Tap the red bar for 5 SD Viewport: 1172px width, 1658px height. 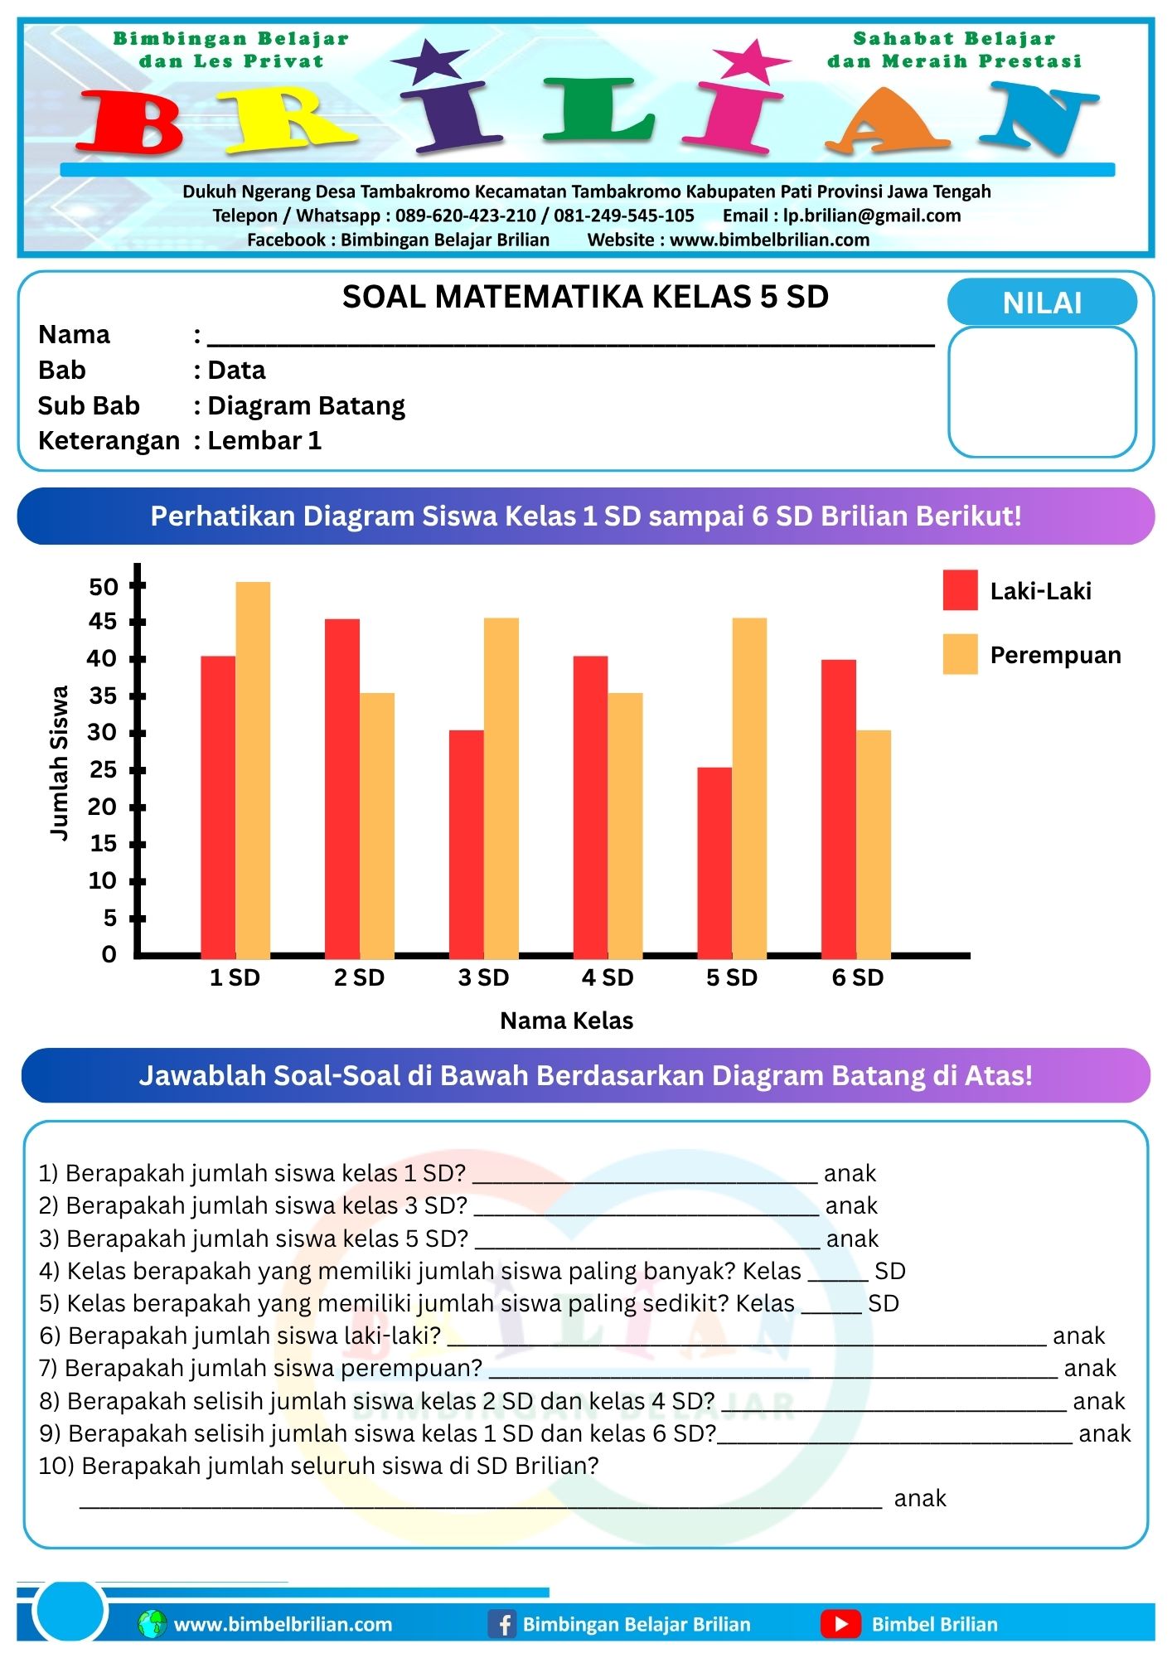714,862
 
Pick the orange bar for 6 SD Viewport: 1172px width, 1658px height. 874,843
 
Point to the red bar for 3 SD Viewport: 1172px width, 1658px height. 467,843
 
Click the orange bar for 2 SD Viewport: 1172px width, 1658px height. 377,825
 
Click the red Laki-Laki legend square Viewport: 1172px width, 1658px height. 960,590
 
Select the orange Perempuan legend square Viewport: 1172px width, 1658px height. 960,654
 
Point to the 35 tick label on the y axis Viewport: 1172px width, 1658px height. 103,696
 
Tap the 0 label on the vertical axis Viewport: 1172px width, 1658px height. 109,955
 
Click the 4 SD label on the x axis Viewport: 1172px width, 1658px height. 608,978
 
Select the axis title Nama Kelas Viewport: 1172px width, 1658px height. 566,1020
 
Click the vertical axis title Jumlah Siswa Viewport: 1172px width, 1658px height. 60,763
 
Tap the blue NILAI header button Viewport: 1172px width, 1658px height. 1042,303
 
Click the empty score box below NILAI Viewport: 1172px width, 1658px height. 1042,391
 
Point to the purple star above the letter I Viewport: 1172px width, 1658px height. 429,61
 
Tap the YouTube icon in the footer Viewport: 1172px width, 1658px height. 840,1623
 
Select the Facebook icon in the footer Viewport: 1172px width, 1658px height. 502,1623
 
